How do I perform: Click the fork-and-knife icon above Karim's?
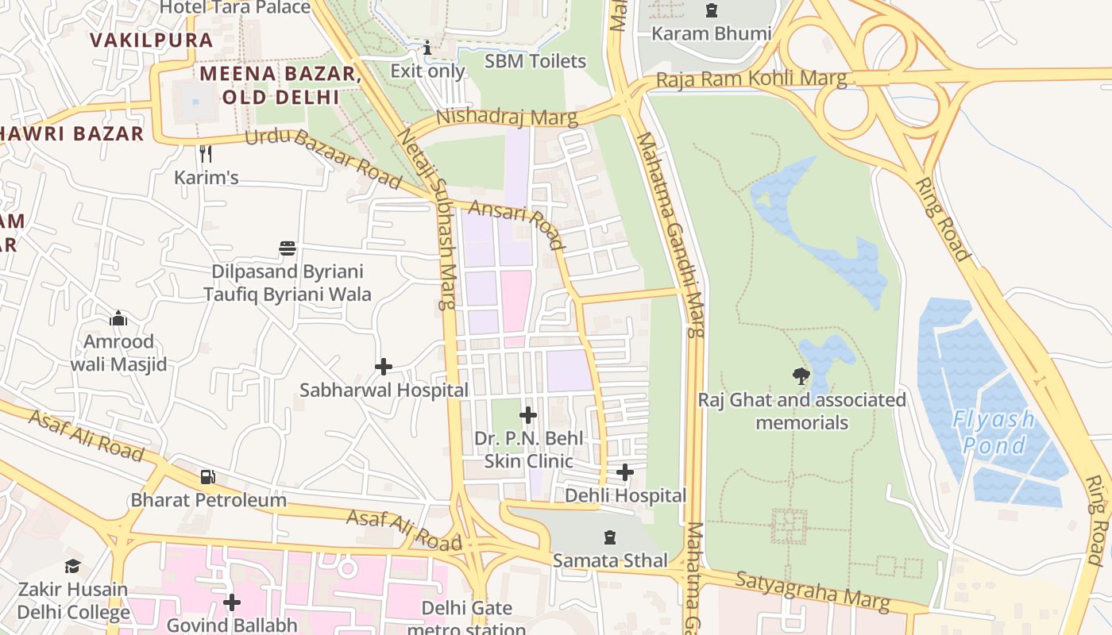click(x=206, y=153)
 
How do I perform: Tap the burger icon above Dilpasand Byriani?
click(x=288, y=248)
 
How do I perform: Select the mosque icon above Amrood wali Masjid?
click(x=118, y=319)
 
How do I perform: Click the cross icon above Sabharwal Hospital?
click(x=384, y=366)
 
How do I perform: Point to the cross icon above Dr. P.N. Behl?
click(x=528, y=414)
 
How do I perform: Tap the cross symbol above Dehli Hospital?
click(x=625, y=472)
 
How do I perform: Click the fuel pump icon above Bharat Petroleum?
click(x=208, y=476)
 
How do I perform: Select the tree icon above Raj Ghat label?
click(x=801, y=375)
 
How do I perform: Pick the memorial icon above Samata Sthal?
click(x=610, y=537)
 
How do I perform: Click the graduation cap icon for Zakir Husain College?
click(x=73, y=566)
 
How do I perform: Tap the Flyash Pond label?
click(x=993, y=432)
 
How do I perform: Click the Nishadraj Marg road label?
click(x=507, y=117)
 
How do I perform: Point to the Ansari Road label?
click(x=517, y=225)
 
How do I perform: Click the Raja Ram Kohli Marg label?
click(x=751, y=81)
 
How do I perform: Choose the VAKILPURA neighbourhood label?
click(x=152, y=40)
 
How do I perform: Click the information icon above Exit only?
click(x=428, y=48)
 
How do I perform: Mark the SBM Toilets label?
click(x=535, y=61)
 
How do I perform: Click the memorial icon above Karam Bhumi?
click(x=711, y=11)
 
